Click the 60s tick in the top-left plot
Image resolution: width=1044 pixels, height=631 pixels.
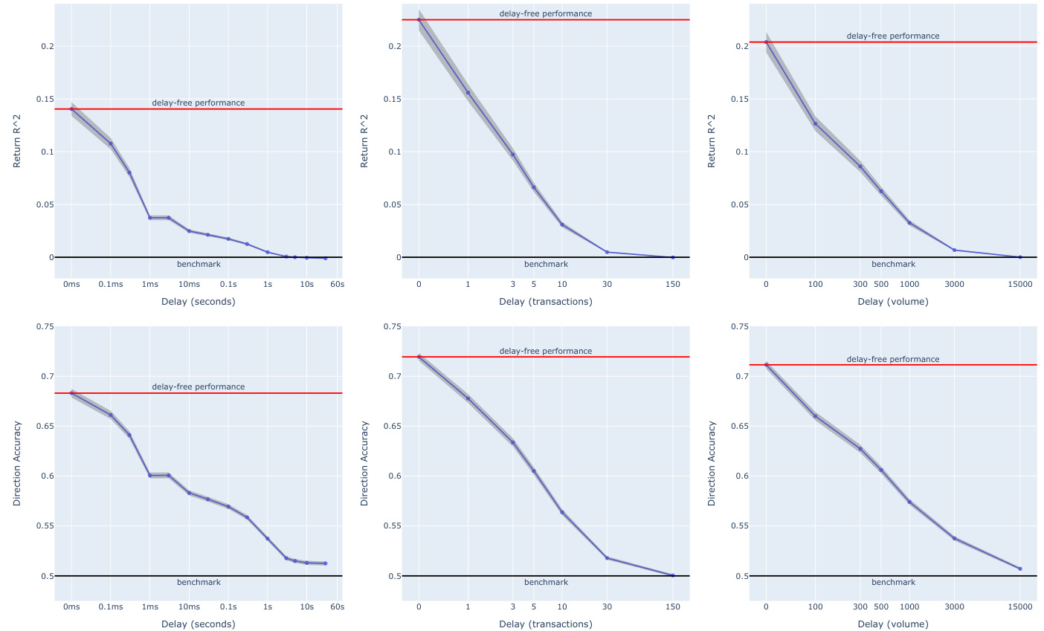pos(337,284)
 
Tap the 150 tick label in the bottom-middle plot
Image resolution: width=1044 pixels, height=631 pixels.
pos(672,606)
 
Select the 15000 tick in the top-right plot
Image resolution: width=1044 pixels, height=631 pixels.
pos(1019,284)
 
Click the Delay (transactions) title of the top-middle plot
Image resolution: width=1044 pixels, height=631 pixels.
pos(546,302)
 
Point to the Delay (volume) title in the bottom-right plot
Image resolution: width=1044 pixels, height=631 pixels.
pos(892,624)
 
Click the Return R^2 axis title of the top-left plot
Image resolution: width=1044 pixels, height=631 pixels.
pos(17,140)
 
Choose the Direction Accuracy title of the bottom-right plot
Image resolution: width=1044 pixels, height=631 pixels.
pos(712,464)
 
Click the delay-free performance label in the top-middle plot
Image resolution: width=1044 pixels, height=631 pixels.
pos(546,13)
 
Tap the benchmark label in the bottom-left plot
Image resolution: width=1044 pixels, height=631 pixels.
pos(199,583)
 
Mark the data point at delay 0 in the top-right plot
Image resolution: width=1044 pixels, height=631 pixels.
pos(766,42)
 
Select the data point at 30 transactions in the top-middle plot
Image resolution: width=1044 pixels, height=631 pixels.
pos(607,252)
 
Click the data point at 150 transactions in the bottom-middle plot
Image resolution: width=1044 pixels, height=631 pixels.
pos(672,575)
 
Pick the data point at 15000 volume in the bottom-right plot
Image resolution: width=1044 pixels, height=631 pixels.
pos(1019,569)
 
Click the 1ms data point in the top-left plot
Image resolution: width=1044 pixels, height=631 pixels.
pos(149,218)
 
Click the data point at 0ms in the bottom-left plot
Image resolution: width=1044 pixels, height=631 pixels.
pos(71,392)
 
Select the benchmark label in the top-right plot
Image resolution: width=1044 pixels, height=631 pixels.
pos(893,265)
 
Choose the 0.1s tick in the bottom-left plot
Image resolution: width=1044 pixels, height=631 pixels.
pos(228,606)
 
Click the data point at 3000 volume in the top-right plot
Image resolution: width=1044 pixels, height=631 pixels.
pos(954,250)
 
